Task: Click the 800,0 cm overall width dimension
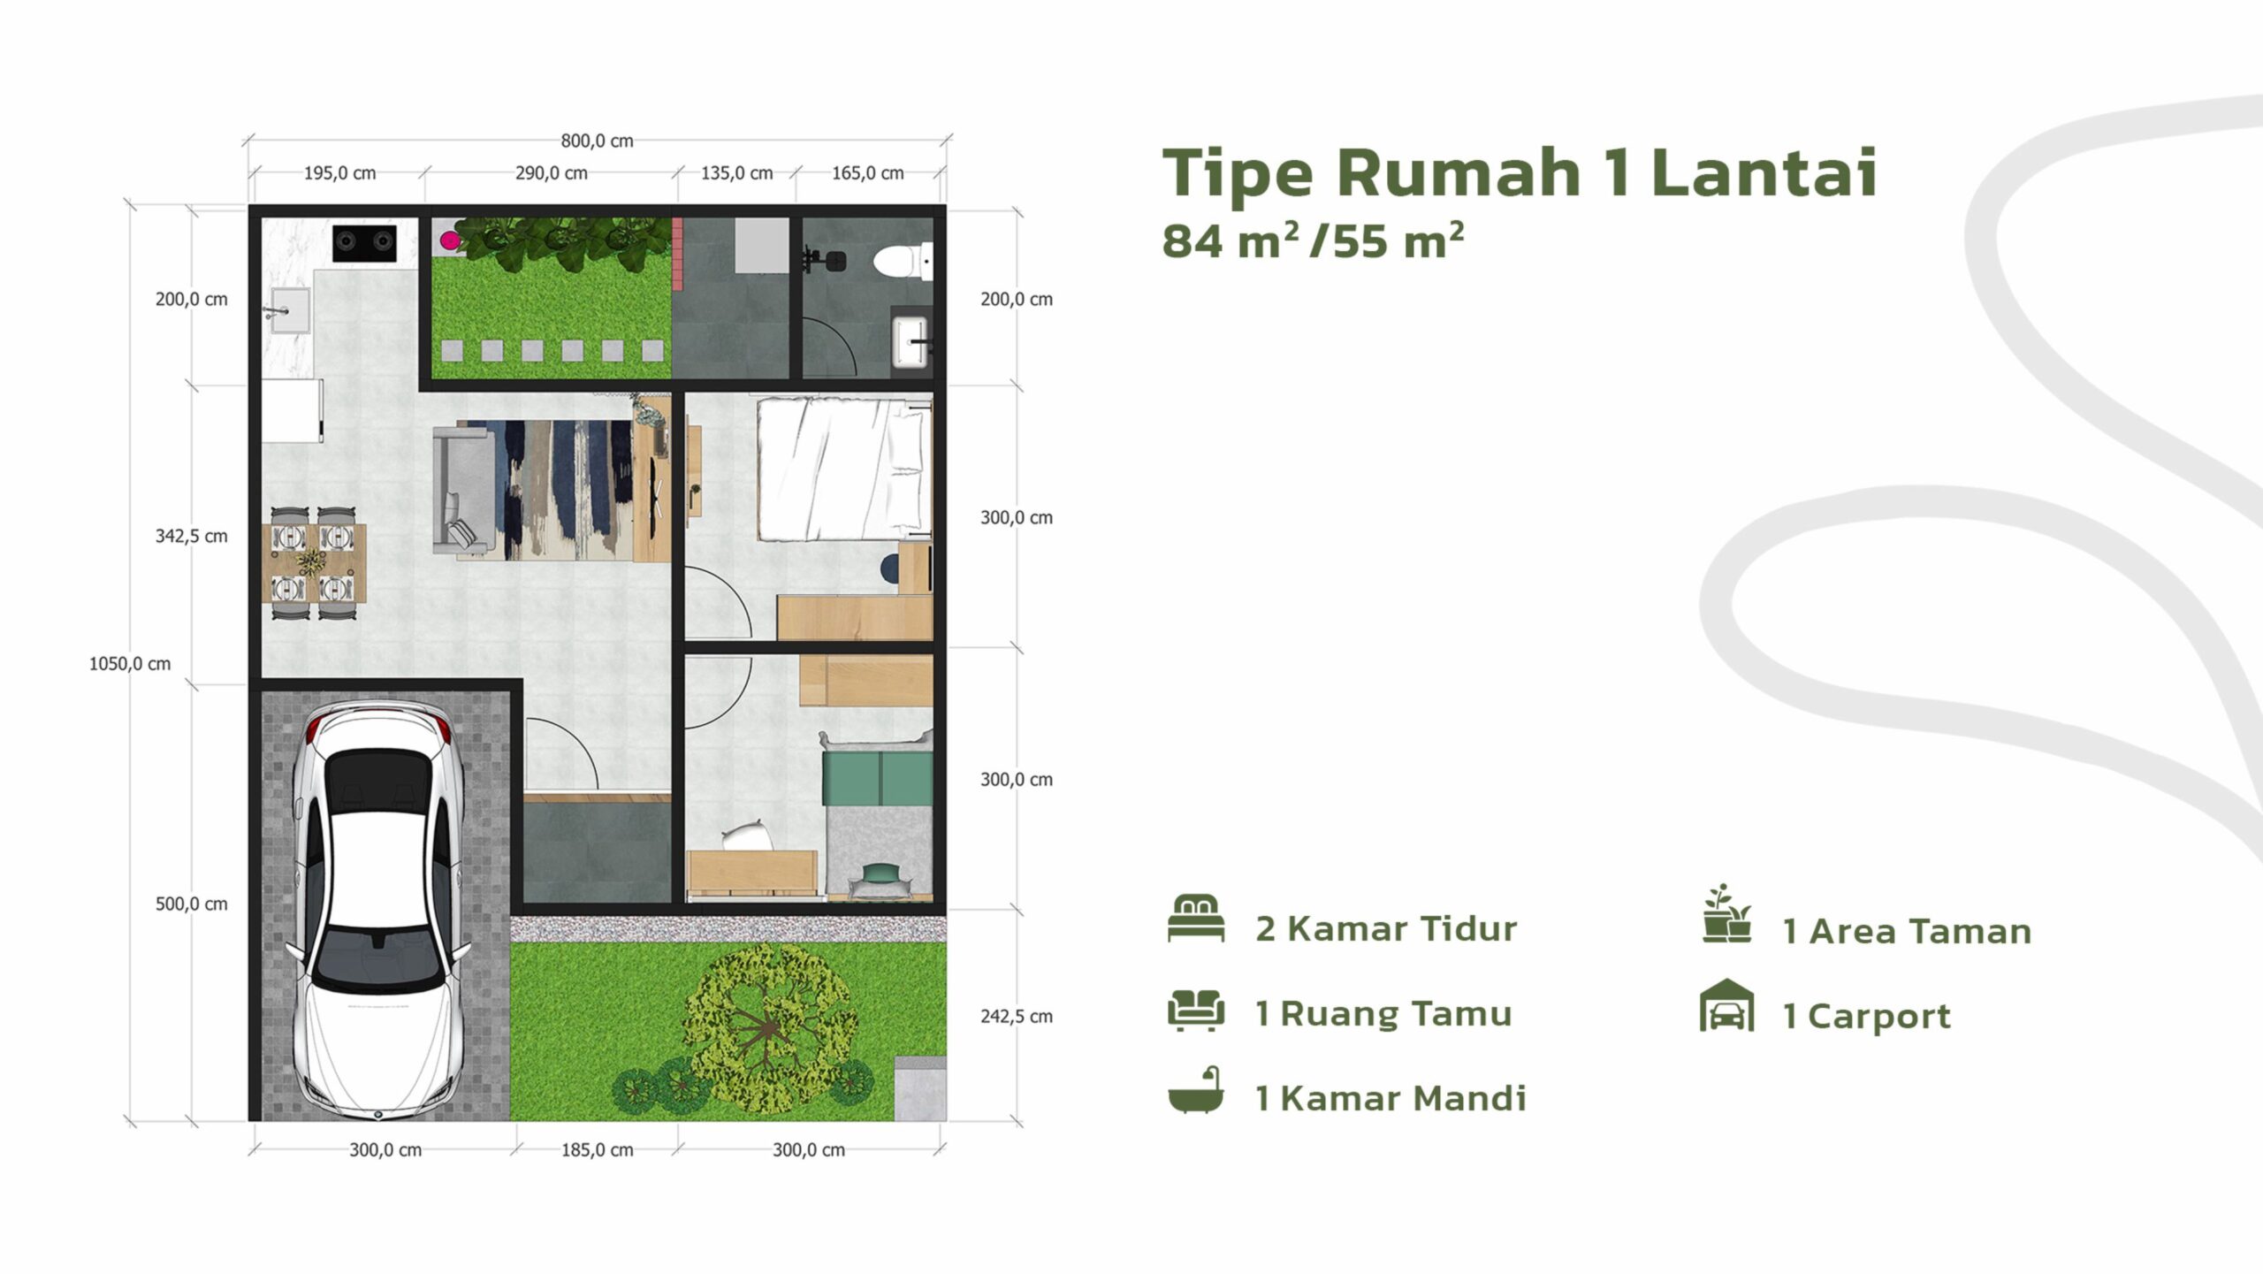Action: [597, 141]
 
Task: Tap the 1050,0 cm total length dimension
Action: [130, 663]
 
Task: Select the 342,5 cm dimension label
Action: [191, 536]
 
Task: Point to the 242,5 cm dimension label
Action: [1017, 1016]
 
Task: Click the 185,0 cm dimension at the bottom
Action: [597, 1149]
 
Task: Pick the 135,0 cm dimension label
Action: [736, 172]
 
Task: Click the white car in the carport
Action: [378, 910]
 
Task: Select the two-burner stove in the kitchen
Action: [364, 242]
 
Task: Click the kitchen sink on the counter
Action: [289, 310]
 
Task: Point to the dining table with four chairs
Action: [314, 562]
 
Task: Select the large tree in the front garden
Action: [767, 1028]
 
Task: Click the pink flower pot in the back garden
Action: [450, 240]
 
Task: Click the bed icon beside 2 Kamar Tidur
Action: [1196, 919]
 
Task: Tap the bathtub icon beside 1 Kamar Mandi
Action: [1196, 1089]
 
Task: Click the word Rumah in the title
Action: [1458, 172]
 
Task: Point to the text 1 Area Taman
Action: [1907, 931]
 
